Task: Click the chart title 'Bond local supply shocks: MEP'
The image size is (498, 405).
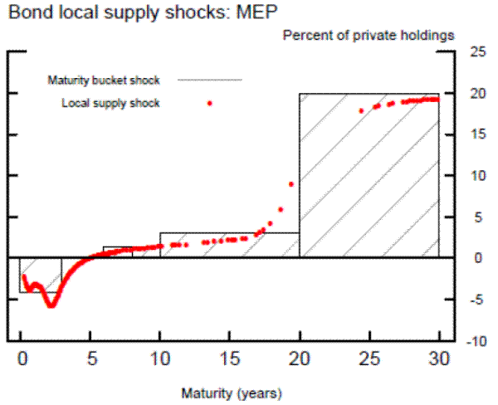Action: coord(106,14)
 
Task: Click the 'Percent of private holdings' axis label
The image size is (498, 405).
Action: coord(369,36)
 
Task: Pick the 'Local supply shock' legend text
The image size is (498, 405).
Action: coord(110,103)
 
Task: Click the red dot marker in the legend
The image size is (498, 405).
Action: coord(210,104)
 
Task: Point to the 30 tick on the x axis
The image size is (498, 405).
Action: coord(438,359)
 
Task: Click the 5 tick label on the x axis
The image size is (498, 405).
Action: coord(90,359)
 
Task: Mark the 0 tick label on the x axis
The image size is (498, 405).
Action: coord(21,359)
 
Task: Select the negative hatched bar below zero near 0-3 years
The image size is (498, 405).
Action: coord(41,275)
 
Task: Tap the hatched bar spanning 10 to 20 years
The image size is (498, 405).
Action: coord(229,245)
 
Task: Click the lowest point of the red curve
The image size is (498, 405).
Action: coord(51,305)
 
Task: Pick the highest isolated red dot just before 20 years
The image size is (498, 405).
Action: coord(290,184)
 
